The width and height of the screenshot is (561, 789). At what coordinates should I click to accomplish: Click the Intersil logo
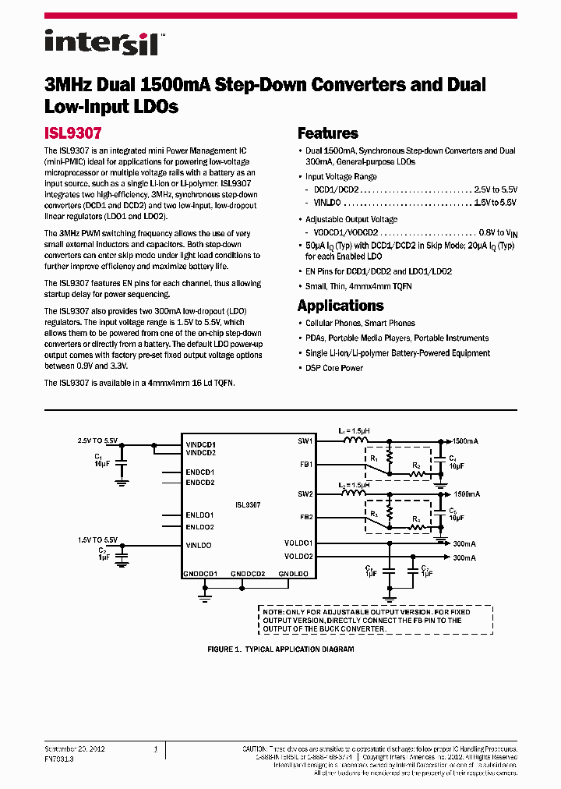(x=101, y=42)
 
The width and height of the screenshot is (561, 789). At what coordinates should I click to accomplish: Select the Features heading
(x=328, y=133)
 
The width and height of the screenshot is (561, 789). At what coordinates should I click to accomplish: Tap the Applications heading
(x=340, y=306)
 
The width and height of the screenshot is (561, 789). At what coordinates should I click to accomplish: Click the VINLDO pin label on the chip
(x=199, y=545)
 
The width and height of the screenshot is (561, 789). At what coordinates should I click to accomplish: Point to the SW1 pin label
(x=305, y=441)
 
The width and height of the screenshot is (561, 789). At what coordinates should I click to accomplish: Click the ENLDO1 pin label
(x=200, y=515)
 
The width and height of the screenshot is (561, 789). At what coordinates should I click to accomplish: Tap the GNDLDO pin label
(x=294, y=574)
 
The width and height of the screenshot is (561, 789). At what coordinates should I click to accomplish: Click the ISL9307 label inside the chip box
(x=247, y=505)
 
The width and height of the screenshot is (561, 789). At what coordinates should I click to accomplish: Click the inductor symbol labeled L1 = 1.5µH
(x=357, y=440)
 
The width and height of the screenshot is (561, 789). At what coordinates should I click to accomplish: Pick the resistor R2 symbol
(x=417, y=474)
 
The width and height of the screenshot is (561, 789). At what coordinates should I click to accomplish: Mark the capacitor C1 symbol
(x=120, y=462)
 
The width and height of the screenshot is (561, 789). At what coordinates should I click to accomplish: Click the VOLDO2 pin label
(x=298, y=557)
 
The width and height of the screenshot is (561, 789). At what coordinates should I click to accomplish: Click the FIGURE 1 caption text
(x=280, y=649)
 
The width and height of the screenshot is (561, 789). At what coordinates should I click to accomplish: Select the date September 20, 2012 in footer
(x=75, y=748)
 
